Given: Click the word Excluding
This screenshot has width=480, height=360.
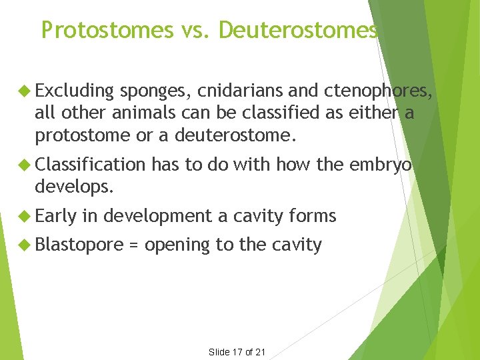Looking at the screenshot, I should (x=75, y=91).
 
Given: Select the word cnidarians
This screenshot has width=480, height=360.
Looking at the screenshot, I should (x=245, y=91).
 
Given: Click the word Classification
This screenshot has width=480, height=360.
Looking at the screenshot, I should (x=89, y=164).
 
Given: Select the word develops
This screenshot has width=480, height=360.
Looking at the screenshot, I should (x=74, y=186).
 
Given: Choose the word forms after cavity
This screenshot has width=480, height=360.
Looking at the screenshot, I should (x=313, y=215).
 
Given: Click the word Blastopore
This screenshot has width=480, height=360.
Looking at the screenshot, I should (x=79, y=245).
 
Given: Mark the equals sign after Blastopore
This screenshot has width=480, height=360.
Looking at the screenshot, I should (x=133, y=245).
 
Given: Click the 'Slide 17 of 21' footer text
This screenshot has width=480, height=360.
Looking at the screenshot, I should (x=238, y=351).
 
